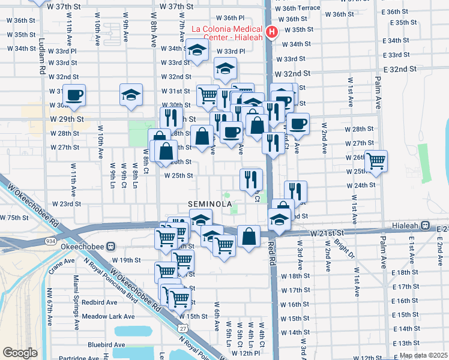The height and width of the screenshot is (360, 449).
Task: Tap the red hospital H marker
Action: point(271,32)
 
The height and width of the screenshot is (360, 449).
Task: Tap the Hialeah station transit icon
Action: point(425,225)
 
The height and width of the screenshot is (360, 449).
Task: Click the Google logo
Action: point(20,353)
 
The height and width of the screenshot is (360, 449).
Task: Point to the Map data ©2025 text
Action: point(423,355)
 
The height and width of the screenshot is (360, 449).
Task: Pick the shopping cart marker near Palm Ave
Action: point(376,160)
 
